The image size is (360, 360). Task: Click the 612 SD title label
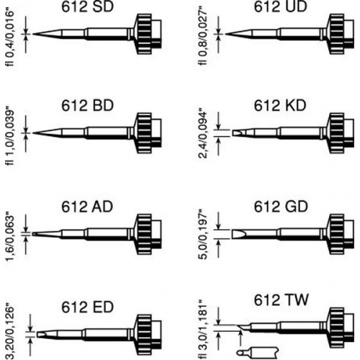pos(87,6)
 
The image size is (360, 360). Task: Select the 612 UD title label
pos(280,6)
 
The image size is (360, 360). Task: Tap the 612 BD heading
pos(87,105)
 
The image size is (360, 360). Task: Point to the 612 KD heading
pos(280,105)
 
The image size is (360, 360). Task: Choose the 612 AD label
pos(87,207)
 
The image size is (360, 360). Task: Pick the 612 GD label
pos(281,207)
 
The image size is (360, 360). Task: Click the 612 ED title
pos(87,307)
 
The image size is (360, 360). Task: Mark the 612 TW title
pos(281,300)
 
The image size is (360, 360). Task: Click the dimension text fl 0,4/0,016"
pos(9,38)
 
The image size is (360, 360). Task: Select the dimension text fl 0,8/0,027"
pos(202,37)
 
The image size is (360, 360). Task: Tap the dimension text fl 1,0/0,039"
pos(9,138)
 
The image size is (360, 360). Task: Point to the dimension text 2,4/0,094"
pos(202,134)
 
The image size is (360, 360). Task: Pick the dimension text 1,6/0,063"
pos(9,237)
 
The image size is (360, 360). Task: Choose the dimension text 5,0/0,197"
pos(202,234)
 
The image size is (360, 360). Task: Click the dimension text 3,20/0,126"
pos(9,332)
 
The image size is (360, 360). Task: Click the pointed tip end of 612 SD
pos(33,34)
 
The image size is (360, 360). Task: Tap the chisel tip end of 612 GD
pos(232,234)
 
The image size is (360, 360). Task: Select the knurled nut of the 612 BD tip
pos(144,132)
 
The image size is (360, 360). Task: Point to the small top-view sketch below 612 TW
pos(258,353)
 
